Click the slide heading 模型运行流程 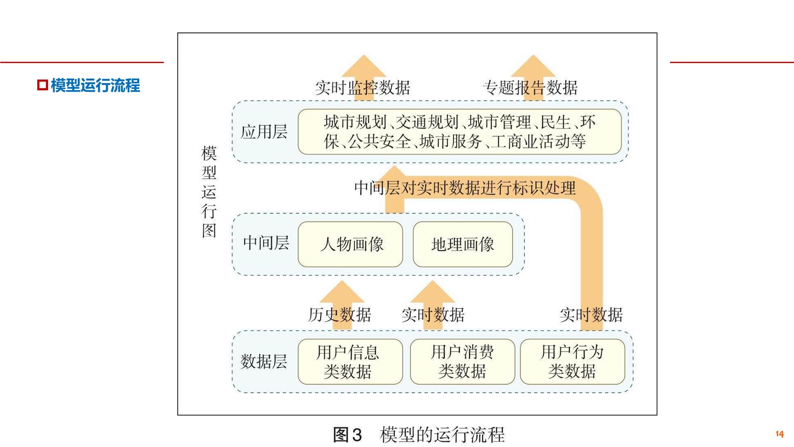tap(95, 85)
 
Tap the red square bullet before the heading tap(42, 85)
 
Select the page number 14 tap(779, 434)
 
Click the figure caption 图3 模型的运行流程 tap(418, 435)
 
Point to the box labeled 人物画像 tap(350, 244)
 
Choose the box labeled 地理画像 tap(463, 244)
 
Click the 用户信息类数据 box tap(350, 362)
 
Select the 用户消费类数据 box tap(462, 362)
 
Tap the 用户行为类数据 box tap(572, 362)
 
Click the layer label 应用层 tap(264, 132)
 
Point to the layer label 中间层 tap(266, 243)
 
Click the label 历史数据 tap(339, 315)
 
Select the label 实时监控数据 tap(363, 88)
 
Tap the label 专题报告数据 tap(530, 88)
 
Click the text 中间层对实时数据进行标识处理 tap(465, 188)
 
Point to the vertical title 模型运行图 tap(209, 192)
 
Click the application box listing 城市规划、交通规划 tap(459, 132)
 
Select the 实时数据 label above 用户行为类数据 tap(591, 315)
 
